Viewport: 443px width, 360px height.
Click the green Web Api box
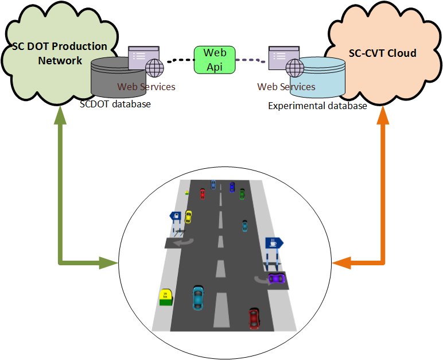(215, 59)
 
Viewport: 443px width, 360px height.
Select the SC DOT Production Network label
(60, 53)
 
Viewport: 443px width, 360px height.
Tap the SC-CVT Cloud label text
(382, 53)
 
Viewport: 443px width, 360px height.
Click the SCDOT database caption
(115, 104)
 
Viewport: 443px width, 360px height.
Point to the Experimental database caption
(317, 106)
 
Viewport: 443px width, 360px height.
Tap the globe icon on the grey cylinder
(154, 68)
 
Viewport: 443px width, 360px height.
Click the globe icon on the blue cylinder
(295, 68)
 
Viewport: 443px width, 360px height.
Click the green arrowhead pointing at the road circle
(108, 264)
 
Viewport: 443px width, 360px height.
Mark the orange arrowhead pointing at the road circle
(340, 264)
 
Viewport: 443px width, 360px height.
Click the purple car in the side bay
(277, 278)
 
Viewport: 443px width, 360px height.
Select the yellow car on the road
(188, 216)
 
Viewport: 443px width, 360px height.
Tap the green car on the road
(242, 193)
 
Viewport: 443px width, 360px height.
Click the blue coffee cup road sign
(274, 243)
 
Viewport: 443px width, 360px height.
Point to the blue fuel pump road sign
(175, 216)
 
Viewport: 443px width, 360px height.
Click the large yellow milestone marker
(166, 296)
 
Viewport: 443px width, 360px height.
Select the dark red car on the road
(254, 317)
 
